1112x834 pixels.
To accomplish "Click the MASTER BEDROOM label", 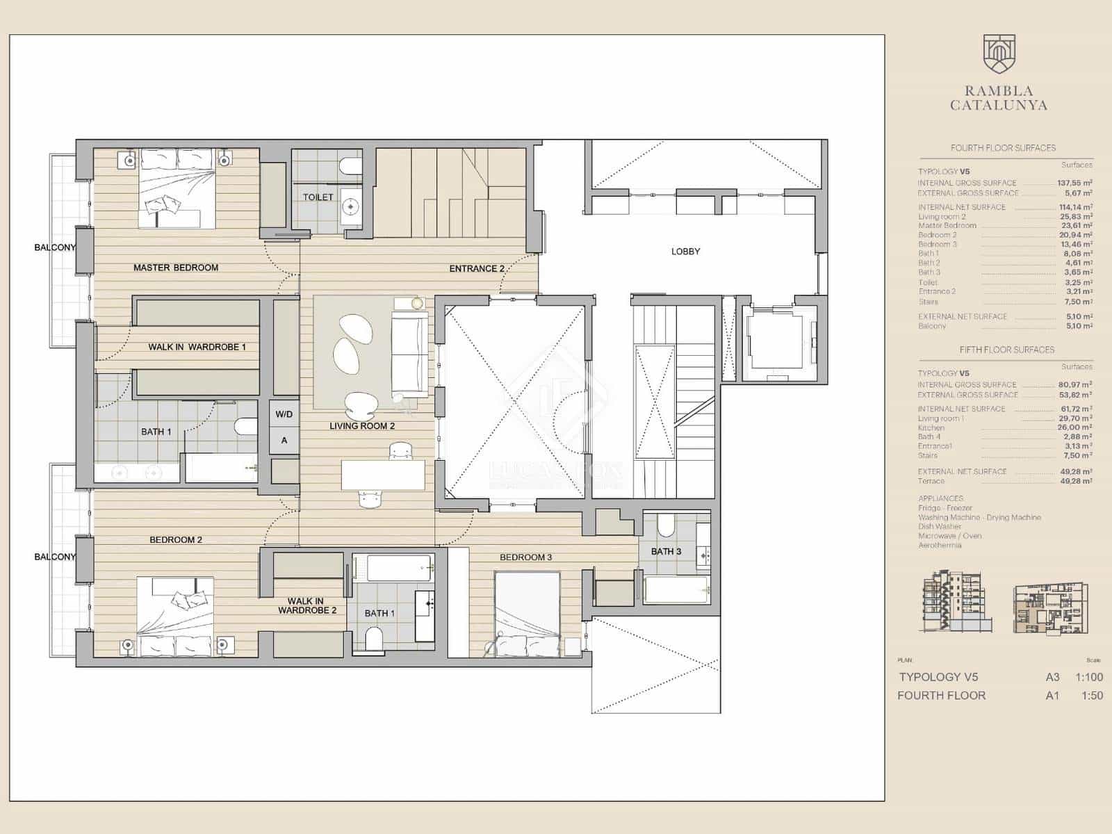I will tap(176, 268).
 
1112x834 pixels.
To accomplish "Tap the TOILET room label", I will tap(318, 197).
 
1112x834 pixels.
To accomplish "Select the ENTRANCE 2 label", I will tap(477, 268).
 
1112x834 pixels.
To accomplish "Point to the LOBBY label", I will tap(685, 252).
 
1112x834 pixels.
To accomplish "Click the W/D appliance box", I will tap(284, 414).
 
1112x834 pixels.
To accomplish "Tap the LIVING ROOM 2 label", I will tap(362, 426).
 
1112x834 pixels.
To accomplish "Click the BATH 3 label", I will tap(666, 552).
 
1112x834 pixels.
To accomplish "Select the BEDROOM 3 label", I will tap(525, 557).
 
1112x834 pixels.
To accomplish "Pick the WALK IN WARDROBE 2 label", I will tap(306, 606).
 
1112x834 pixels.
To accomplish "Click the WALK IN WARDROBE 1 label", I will tap(197, 347).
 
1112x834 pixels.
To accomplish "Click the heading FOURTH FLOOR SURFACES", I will tap(1003, 148).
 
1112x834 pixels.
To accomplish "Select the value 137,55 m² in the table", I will tap(1074, 183).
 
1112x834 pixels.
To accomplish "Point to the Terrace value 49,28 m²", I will tap(1074, 481).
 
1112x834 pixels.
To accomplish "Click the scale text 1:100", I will tap(1088, 677).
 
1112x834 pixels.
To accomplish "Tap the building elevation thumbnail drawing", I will tap(952, 603).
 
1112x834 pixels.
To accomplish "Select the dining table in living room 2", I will tap(382, 475).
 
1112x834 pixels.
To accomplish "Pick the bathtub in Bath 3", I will tap(676, 589).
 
